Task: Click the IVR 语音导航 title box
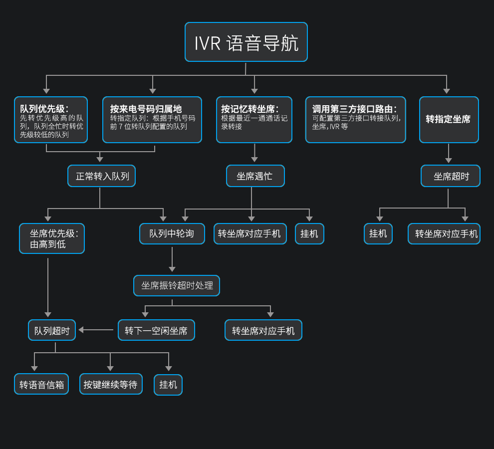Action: [x=246, y=42]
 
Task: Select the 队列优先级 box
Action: [x=51, y=120]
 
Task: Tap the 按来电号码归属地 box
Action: [x=152, y=120]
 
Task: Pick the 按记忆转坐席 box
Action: [x=254, y=120]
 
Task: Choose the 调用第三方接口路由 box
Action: [x=355, y=120]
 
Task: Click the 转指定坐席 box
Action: [x=449, y=120]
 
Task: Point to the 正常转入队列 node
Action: [x=102, y=176]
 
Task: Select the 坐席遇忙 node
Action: [x=255, y=176]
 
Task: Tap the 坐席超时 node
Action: [x=450, y=176]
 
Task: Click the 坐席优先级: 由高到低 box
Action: [x=52, y=238]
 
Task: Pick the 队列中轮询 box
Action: [x=172, y=233]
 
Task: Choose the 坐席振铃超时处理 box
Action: [x=177, y=286]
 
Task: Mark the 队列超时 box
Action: [x=52, y=330]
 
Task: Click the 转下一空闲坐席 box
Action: [x=156, y=330]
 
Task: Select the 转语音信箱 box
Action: [x=41, y=384]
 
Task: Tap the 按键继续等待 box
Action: [x=111, y=384]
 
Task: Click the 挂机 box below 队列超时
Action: [x=168, y=385]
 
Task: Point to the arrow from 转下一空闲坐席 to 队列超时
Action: [x=96, y=330]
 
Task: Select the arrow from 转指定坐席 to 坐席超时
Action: [x=449, y=154]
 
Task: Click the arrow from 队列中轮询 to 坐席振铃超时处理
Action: [x=172, y=259]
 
